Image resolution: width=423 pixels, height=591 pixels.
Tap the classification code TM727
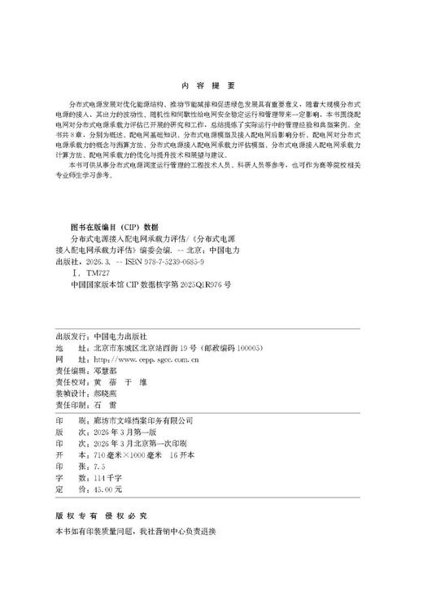97,276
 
